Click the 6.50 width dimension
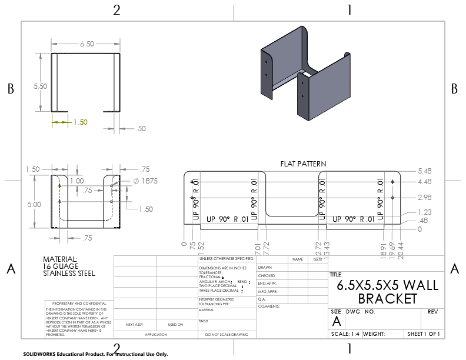point(86,44)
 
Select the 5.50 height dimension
point(40,86)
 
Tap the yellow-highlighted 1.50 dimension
point(80,122)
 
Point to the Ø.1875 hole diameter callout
point(145,181)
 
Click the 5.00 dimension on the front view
point(34,205)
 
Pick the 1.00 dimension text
point(76,181)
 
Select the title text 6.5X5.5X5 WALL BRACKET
point(387,292)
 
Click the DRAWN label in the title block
point(266,268)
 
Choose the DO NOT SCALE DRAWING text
point(227,334)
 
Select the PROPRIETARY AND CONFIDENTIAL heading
point(76,304)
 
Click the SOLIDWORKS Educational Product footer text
point(95,355)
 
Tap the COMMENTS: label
point(268,306)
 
